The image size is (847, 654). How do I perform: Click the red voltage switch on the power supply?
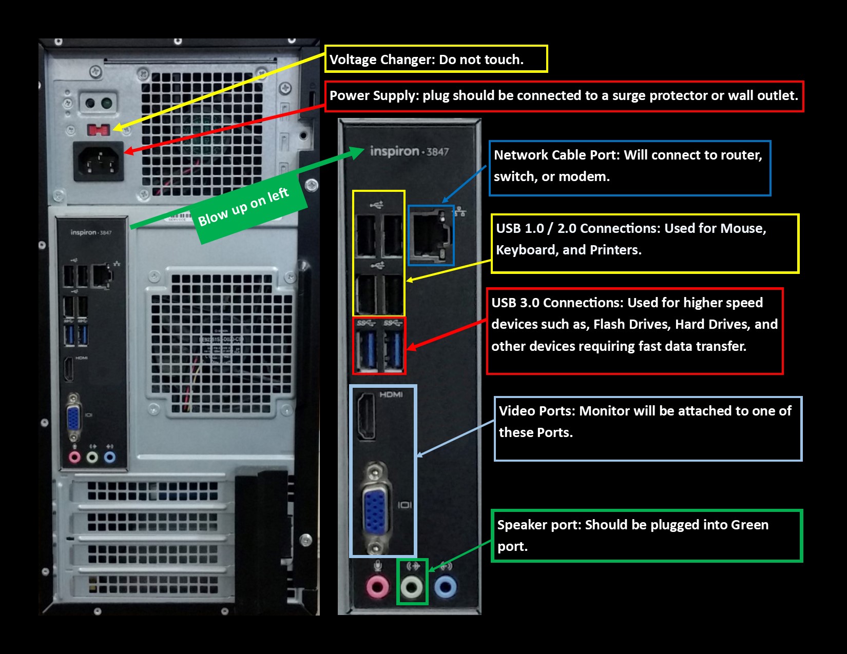coord(98,130)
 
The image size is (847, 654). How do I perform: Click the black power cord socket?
coord(99,161)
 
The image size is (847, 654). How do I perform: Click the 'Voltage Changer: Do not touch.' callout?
coord(436,59)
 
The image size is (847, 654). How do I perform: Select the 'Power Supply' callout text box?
coord(564,96)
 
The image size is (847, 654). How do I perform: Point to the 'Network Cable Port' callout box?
coord(630,168)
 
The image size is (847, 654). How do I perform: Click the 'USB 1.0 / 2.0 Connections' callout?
coord(645,244)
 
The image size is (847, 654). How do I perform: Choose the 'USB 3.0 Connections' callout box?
coord(635,331)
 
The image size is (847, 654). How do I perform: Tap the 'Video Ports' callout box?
coord(648,428)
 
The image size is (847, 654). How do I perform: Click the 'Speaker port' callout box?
coord(647,536)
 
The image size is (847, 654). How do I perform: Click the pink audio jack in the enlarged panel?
coord(377,587)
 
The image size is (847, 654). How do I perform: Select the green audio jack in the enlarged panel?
coord(412,587)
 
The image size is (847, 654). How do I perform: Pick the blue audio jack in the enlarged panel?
coord(445,587)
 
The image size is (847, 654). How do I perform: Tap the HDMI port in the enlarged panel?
coord(367,417)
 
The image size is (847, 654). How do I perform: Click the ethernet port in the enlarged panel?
coord(431,235)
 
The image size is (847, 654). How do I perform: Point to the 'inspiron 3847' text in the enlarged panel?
coord(409,151)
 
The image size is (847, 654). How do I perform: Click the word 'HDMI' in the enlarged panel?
coord(391,394)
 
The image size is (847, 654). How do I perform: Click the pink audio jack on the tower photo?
coord(74,457)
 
